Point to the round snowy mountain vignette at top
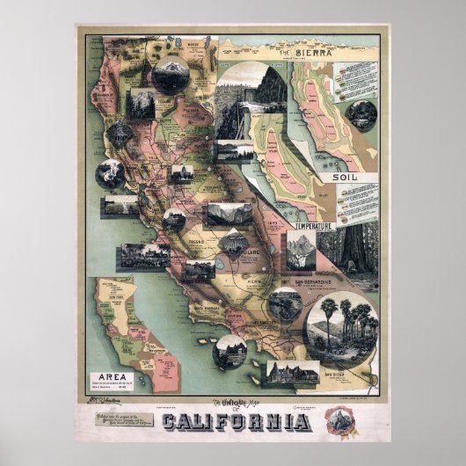point(171,75)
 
